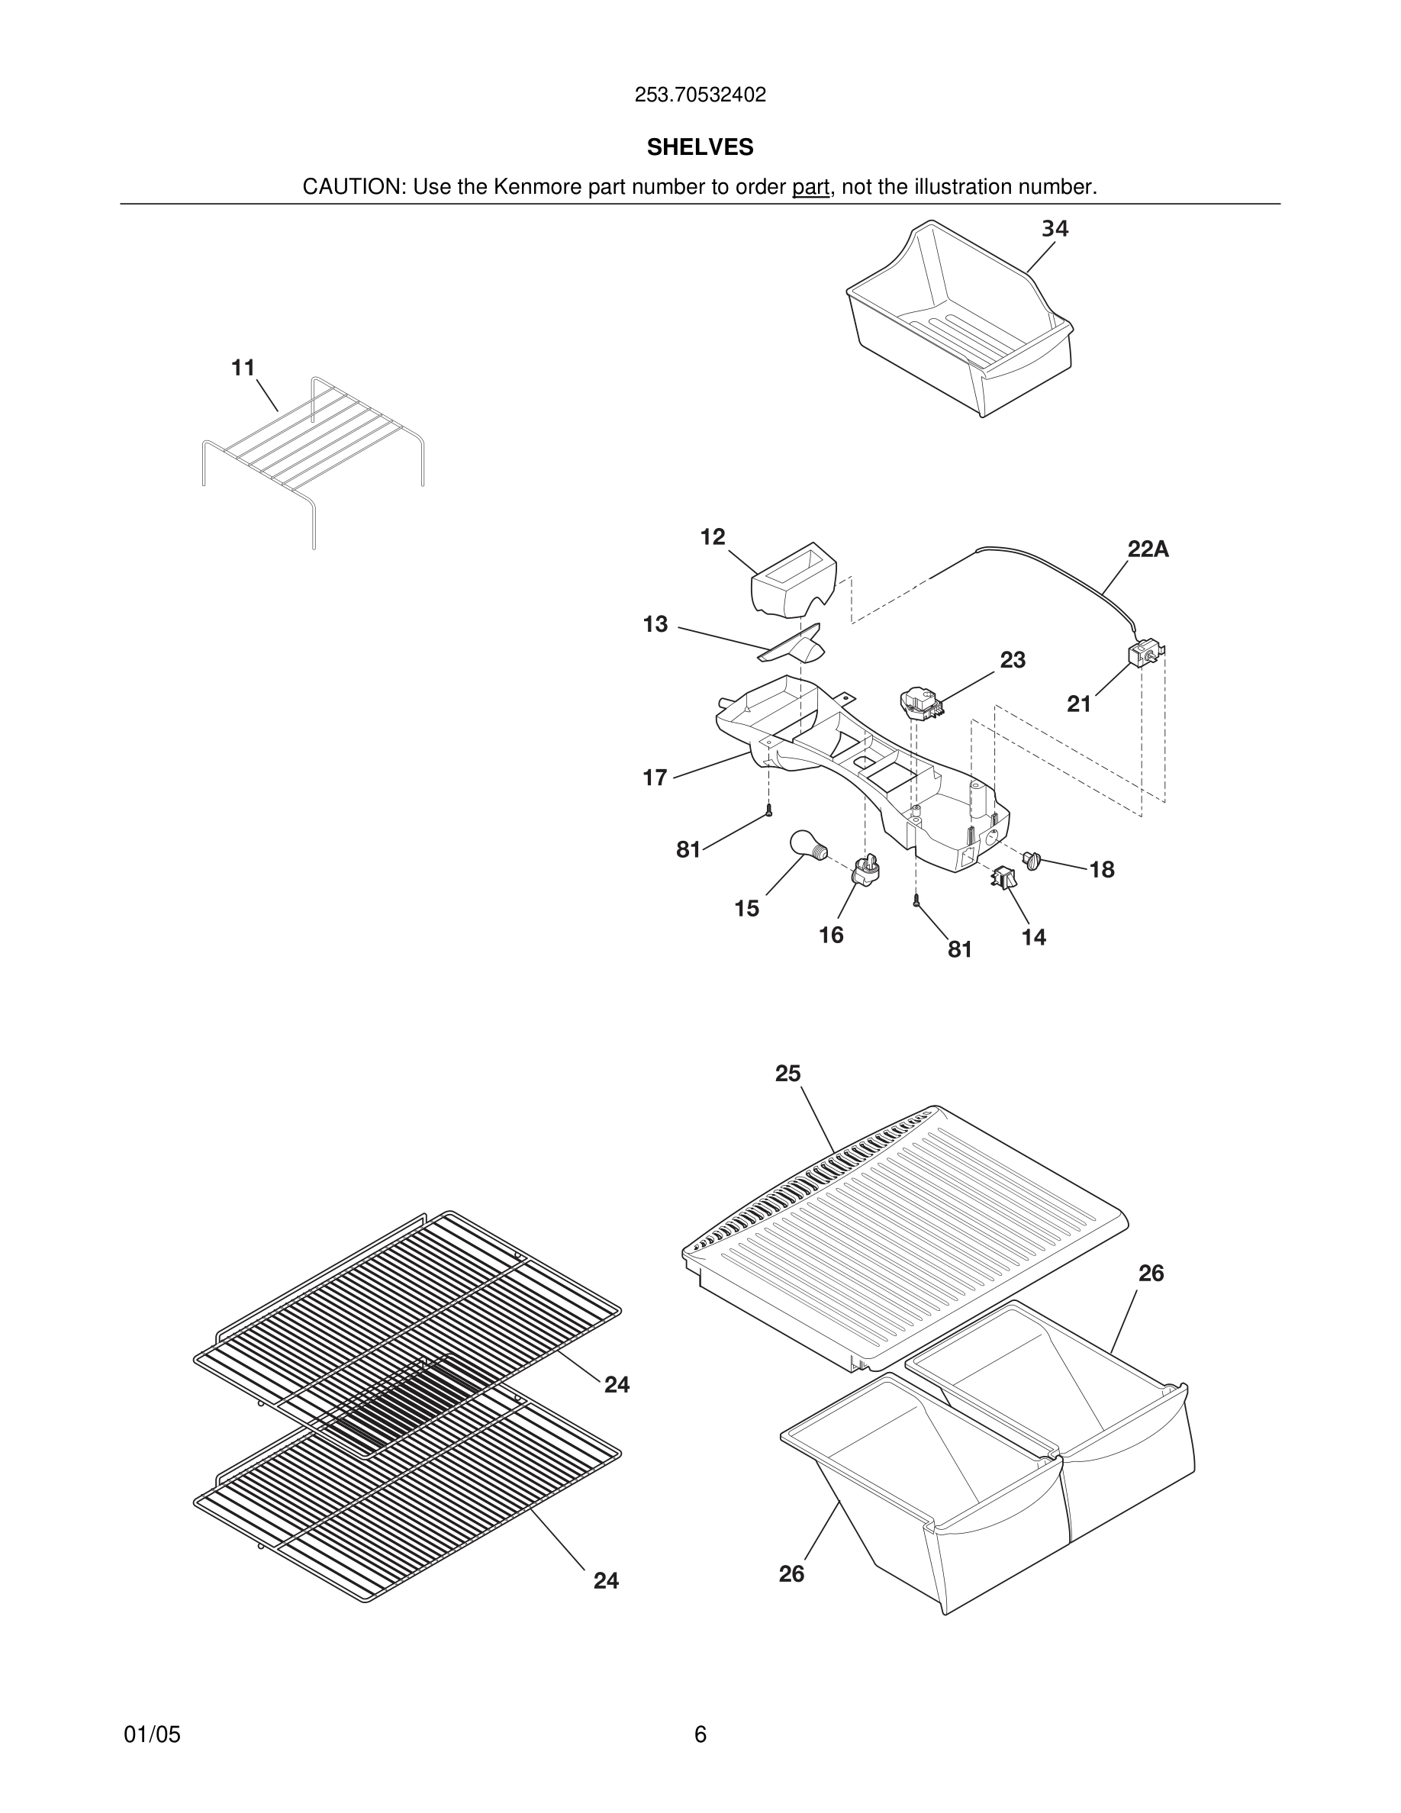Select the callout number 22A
point(1148,549)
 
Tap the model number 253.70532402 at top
point(700,95)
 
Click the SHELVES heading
point(700,148)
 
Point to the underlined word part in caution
point(810,188)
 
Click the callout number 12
point(712,537)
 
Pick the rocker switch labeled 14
point(1003,877)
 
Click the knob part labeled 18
point(1032,860)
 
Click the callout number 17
point(654,778)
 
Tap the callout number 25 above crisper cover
point(787,1074)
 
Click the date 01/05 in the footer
point(152,1734)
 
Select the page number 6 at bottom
point(700,1734)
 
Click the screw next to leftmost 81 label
point(769,810)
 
